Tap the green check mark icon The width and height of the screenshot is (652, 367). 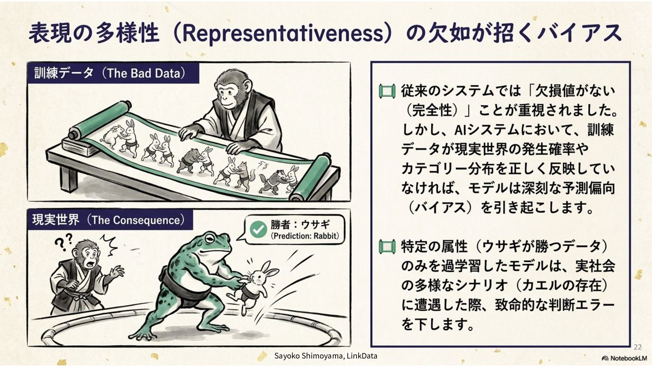click(x=258, y=229)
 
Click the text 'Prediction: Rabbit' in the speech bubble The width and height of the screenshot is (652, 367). click(x=305, y=236)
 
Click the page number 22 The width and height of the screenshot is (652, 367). click(x=638, y=347)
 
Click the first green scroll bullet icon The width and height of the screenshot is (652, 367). click(x=387, y=91)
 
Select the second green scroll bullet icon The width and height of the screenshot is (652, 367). click(x=387, y=246)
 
